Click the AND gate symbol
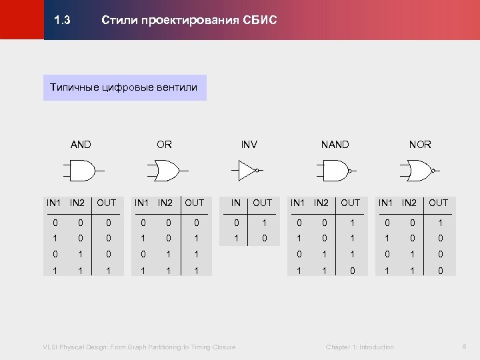pos(81,171)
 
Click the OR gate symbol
pos(164,171)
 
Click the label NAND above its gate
pos(335,145)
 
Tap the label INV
pos(249,145)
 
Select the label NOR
pos(420,145)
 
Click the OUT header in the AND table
pos(106,203)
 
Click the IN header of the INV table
pos(235,203)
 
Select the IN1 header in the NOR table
pos(386,203)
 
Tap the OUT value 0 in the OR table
pos(195,222)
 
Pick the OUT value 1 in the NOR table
pos(439,222)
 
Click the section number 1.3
pos(62,21)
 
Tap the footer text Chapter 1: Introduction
pos(359,347)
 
